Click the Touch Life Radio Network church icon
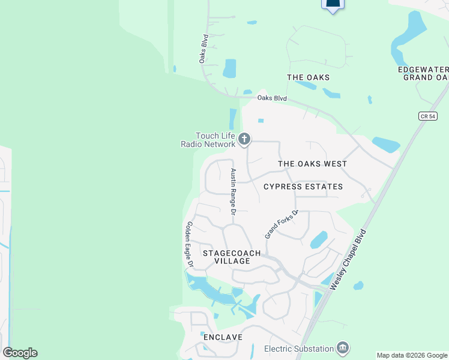(244, 140)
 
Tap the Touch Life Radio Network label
(208, 140)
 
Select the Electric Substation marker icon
(343, 348)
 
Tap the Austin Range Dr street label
(234, 191)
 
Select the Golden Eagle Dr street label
(190, 244)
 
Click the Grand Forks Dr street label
(282, 225)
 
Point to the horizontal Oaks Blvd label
(272, 98)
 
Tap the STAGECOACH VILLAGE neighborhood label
(232, 257)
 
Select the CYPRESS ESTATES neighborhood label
(303, 187)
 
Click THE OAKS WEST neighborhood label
(312, 164)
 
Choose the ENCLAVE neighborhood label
(223, 337)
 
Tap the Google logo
(20, 352)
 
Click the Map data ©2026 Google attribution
(412, 355)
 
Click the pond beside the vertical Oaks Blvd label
(229, 68)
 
